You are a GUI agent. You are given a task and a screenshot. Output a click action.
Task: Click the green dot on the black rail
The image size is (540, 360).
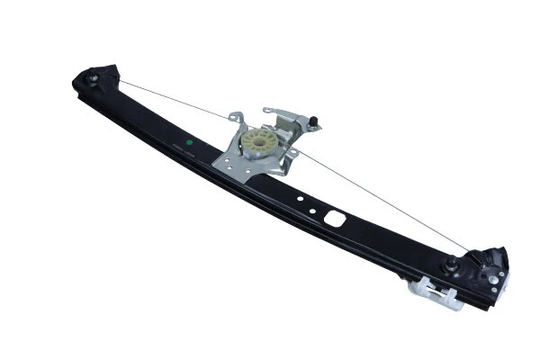[x=190, y=141]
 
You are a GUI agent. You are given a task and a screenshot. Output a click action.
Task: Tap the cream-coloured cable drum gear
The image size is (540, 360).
[x=258, y=140]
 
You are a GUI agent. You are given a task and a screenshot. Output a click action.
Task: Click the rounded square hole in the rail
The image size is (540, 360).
[x=335, y=218]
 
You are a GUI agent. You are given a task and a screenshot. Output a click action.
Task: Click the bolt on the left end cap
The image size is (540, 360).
[x=94, y=79]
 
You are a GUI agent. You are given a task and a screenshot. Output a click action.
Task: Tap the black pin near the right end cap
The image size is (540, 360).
[x=450, y=264]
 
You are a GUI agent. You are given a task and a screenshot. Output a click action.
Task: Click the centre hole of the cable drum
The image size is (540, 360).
[x=258, y=140]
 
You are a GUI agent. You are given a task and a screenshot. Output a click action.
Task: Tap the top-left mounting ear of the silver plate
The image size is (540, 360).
[x=236, y=118]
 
